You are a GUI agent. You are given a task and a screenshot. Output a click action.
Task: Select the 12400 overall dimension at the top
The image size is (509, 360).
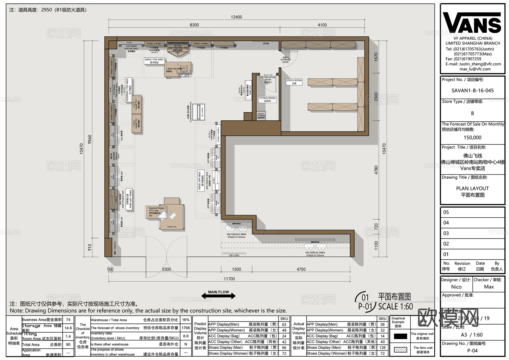[x=236, y=17]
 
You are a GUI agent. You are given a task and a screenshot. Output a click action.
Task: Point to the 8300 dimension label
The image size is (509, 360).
[x=194, y=25]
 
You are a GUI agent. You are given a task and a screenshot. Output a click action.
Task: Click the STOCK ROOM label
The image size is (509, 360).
[x=294, y=82]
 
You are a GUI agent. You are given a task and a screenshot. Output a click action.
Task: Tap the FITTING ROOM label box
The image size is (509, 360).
[x=267, y=99]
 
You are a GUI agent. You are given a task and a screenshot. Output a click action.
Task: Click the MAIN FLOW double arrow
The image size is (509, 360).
[x=218, y=296]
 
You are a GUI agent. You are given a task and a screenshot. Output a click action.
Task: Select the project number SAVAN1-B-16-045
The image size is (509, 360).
[x=473, y=91]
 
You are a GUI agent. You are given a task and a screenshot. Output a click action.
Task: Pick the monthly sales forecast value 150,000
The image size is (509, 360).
[x=472, y=138]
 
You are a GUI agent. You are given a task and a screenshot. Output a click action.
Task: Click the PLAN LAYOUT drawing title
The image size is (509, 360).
[x=472, y=188]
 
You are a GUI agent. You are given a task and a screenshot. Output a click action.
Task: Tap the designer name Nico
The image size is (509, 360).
[x=456, y=287]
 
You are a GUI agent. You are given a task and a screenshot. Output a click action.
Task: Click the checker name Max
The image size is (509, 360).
[x=489, y=287]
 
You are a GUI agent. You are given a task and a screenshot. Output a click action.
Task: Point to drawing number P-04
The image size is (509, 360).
[x=472, y=351]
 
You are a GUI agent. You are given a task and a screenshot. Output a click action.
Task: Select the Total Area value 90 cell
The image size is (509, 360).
[x=68, y=344]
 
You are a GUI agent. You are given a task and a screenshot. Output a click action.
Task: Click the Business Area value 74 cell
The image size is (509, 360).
[x=68, y=320]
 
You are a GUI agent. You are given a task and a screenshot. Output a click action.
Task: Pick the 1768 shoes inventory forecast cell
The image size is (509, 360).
[x=186, y=328]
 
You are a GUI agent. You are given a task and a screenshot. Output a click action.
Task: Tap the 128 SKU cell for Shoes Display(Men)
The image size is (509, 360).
[x=382, y=348]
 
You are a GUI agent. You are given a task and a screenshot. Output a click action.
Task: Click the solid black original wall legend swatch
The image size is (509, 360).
[x=400, y=336]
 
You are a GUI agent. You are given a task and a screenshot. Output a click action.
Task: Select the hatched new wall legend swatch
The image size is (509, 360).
[x=400, y=350]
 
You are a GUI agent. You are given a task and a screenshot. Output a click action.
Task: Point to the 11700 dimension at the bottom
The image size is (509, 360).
[x=229, y=279]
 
